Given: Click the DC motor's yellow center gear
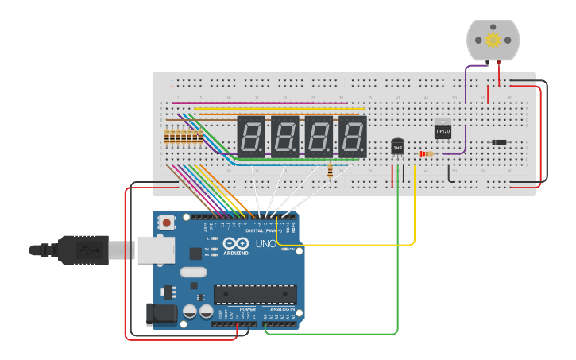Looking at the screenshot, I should pos(493,40).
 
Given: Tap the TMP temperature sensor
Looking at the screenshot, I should pos(397,146).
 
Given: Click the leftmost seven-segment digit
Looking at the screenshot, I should pos(251,136).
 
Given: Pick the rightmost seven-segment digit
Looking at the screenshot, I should pos(353,136).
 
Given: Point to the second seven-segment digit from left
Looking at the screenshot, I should pos(285,136).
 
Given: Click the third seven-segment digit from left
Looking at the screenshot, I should pos(319,136).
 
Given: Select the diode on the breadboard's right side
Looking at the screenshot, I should pos(499,142).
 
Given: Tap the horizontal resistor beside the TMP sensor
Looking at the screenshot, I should pos(426,153).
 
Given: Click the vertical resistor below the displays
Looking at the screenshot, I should pos(330,171).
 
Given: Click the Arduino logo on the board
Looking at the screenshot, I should pos(235,244).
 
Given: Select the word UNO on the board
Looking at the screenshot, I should pos(266,243).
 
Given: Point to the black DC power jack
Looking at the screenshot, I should pos(162,315).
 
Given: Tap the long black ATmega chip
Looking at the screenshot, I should pos(255,294).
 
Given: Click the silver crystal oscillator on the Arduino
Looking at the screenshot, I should pos(193,272).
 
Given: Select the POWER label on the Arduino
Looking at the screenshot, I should pos(237,309).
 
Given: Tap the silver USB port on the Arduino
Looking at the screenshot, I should pos(156,250).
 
